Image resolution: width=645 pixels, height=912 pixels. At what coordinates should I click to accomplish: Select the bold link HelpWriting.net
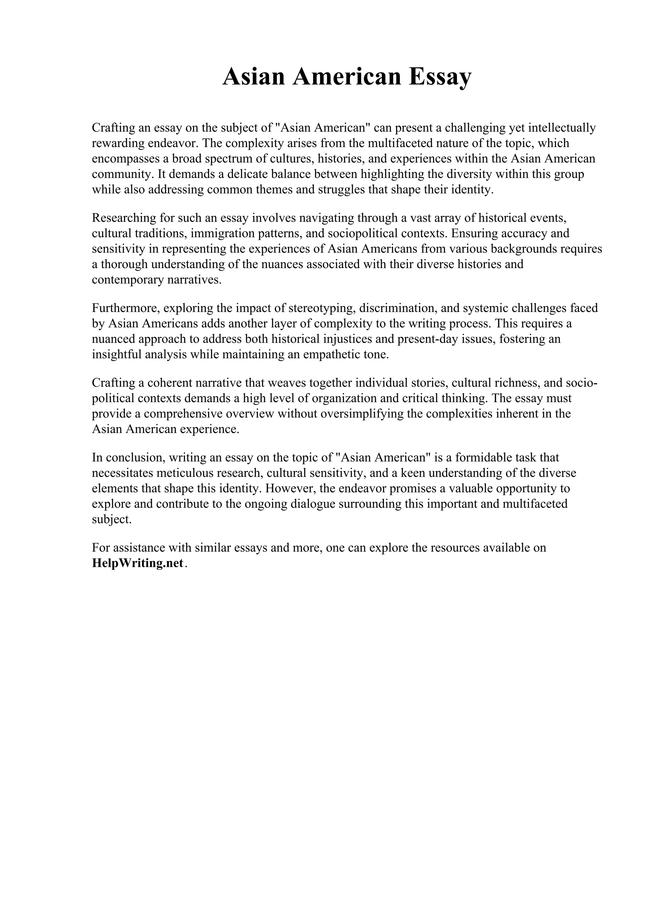click(138, 563)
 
